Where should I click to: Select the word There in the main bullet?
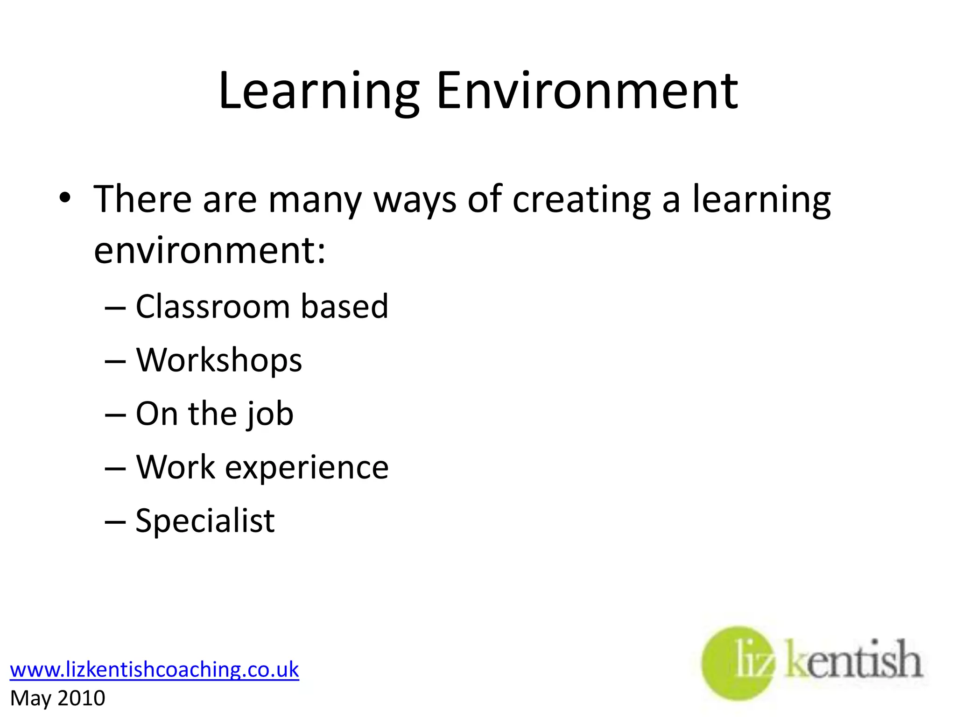tap(142, 199)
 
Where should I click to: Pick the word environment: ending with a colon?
tap(210, 251)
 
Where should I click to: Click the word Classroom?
tap(212, 307)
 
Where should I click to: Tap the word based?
tap(344, 307)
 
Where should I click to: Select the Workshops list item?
tap(219, 361)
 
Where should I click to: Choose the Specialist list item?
tap(205, 521)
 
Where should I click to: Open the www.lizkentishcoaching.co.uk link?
tap(155, 669)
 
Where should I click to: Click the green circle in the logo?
tap(728, 663)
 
